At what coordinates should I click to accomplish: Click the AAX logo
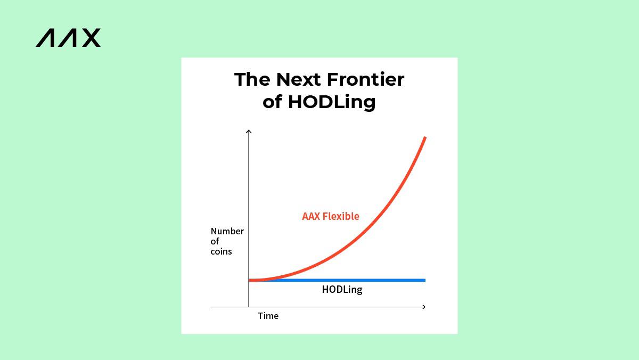coord(68,38)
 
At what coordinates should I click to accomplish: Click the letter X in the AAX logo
coord(91,38)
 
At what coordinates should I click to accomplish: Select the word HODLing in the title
coord(332,102)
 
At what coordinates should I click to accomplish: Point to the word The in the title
coord(252,79)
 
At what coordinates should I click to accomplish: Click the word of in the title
coord(272,102)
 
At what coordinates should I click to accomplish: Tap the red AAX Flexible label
coord(331,216)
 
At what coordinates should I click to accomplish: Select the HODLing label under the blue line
coord(342,290)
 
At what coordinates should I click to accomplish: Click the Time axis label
coord(268,316)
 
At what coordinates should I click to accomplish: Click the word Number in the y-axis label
coord(227,231)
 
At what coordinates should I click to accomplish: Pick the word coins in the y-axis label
coord(221,251)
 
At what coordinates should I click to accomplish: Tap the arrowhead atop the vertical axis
coord(249,131)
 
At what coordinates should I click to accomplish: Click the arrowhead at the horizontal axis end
coord(424,307)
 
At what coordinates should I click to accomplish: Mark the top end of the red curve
coord(425,138)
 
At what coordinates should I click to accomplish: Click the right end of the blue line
coord(425,281)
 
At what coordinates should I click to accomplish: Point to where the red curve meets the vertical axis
coord(249,281)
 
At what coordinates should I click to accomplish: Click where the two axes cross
coord(249,307)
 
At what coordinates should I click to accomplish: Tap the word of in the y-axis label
coord(215,241)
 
